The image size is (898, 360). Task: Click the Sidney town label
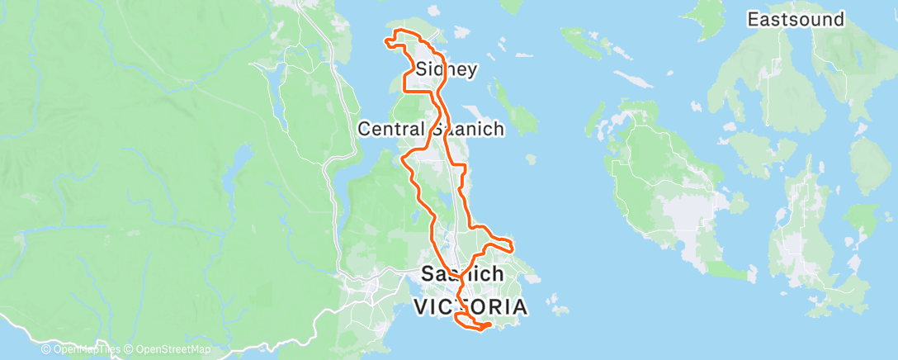click(447, 69)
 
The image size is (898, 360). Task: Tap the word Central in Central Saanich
click(390, 128)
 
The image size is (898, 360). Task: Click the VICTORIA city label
click(470, 307)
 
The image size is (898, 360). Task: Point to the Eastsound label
click(795, 19)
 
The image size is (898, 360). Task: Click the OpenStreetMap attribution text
click(173, 350)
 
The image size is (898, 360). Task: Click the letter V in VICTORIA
click(421, 307)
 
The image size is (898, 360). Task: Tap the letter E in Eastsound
click(753, 19)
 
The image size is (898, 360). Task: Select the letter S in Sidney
click(423, 69)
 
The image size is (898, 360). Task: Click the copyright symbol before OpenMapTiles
click(46, 350)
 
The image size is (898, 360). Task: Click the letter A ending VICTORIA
click(518, 307)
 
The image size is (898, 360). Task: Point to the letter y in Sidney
click(470, 71)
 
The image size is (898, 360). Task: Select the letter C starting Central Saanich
click(364, 128)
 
